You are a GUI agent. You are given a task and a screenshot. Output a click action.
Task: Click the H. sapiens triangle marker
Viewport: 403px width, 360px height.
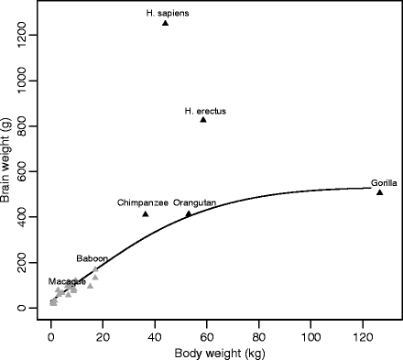(165, 22)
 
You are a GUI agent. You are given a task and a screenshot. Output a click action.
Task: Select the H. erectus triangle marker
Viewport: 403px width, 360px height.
(203, 119)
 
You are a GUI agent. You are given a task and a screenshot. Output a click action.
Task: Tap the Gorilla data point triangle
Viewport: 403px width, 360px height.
(379, 191)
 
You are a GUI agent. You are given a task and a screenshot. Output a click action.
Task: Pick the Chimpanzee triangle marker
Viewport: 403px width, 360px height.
(146, 213)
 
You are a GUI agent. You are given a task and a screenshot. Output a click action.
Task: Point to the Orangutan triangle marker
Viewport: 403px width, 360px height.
(189, 213)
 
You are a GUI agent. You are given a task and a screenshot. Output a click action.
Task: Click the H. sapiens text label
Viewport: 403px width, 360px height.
(164, 13)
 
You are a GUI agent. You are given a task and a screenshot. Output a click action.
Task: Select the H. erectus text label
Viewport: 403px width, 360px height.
(204, 111)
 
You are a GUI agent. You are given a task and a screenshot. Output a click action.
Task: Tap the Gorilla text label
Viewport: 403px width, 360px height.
(384, 182)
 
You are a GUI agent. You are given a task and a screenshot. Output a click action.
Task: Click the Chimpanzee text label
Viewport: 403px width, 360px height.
(142, 202)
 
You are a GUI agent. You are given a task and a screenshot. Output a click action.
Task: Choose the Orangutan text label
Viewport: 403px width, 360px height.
(195, 202)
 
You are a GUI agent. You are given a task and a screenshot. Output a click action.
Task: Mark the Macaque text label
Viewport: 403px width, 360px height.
(67, 281)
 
